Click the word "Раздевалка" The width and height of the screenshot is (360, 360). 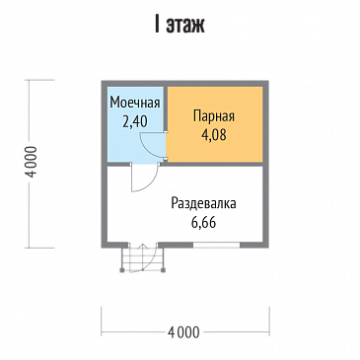coord(203,203)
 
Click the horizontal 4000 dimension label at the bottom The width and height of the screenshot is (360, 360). coord(184,328)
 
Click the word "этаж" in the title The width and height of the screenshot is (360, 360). coord(186,26)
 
